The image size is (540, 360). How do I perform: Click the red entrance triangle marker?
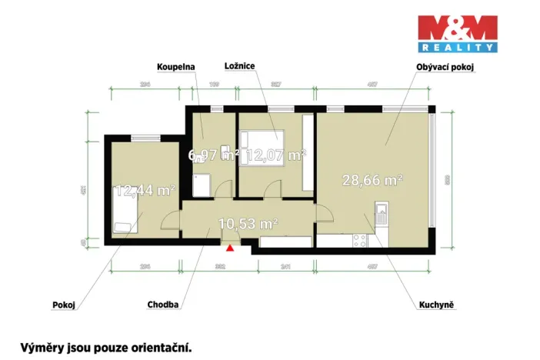(x=228, y=247)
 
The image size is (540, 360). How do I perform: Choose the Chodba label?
(x=163, y=305)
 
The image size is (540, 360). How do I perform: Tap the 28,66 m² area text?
(x=373, y=181)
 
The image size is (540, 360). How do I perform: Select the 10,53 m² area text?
(x=247, y=224)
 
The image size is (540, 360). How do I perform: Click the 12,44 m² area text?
(x=145, y=190)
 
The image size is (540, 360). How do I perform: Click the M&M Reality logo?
(x=458, y=33)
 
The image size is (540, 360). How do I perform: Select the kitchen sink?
(x=380, y=212)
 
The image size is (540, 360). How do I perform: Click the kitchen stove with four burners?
(x=359, y=239)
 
